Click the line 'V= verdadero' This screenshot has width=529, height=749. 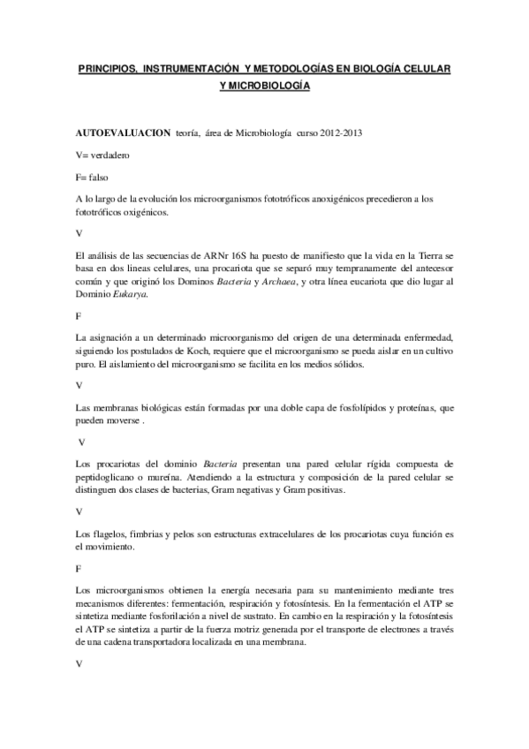pos(104,155)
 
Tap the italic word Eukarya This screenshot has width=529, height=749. pos(130,294)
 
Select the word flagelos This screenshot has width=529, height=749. pos(108,535)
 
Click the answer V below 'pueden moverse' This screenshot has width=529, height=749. pos(82,442)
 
